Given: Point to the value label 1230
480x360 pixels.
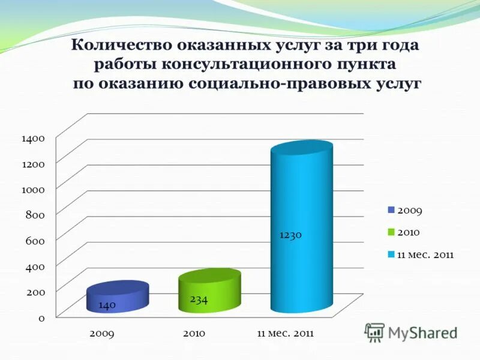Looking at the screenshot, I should tap(290, 235).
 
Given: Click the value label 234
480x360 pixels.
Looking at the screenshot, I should tap(199, 299).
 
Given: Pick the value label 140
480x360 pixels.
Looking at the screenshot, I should tap(107, 305).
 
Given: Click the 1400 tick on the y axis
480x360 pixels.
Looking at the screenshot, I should tap(34, 138).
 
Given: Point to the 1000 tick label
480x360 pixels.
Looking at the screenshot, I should tap(34, 189).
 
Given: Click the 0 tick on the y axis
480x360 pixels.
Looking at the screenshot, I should tap(41, 317).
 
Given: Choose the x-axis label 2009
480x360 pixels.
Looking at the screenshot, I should tap(102, 333).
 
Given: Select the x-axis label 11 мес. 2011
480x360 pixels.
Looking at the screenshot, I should tap(286, 333).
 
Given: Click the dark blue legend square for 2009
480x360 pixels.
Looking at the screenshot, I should tap(391, 210).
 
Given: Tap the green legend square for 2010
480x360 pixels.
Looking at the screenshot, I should tap(391, 232).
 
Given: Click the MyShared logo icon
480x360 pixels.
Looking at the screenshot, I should tap(375, 332).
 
